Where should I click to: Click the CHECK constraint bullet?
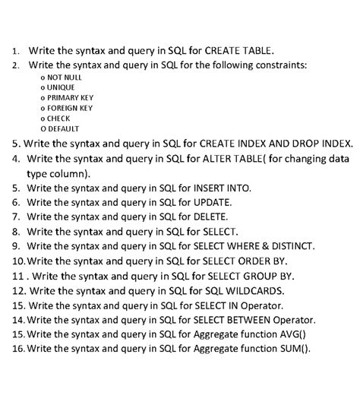59,119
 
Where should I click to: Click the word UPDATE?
213,202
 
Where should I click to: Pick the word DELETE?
211,217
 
